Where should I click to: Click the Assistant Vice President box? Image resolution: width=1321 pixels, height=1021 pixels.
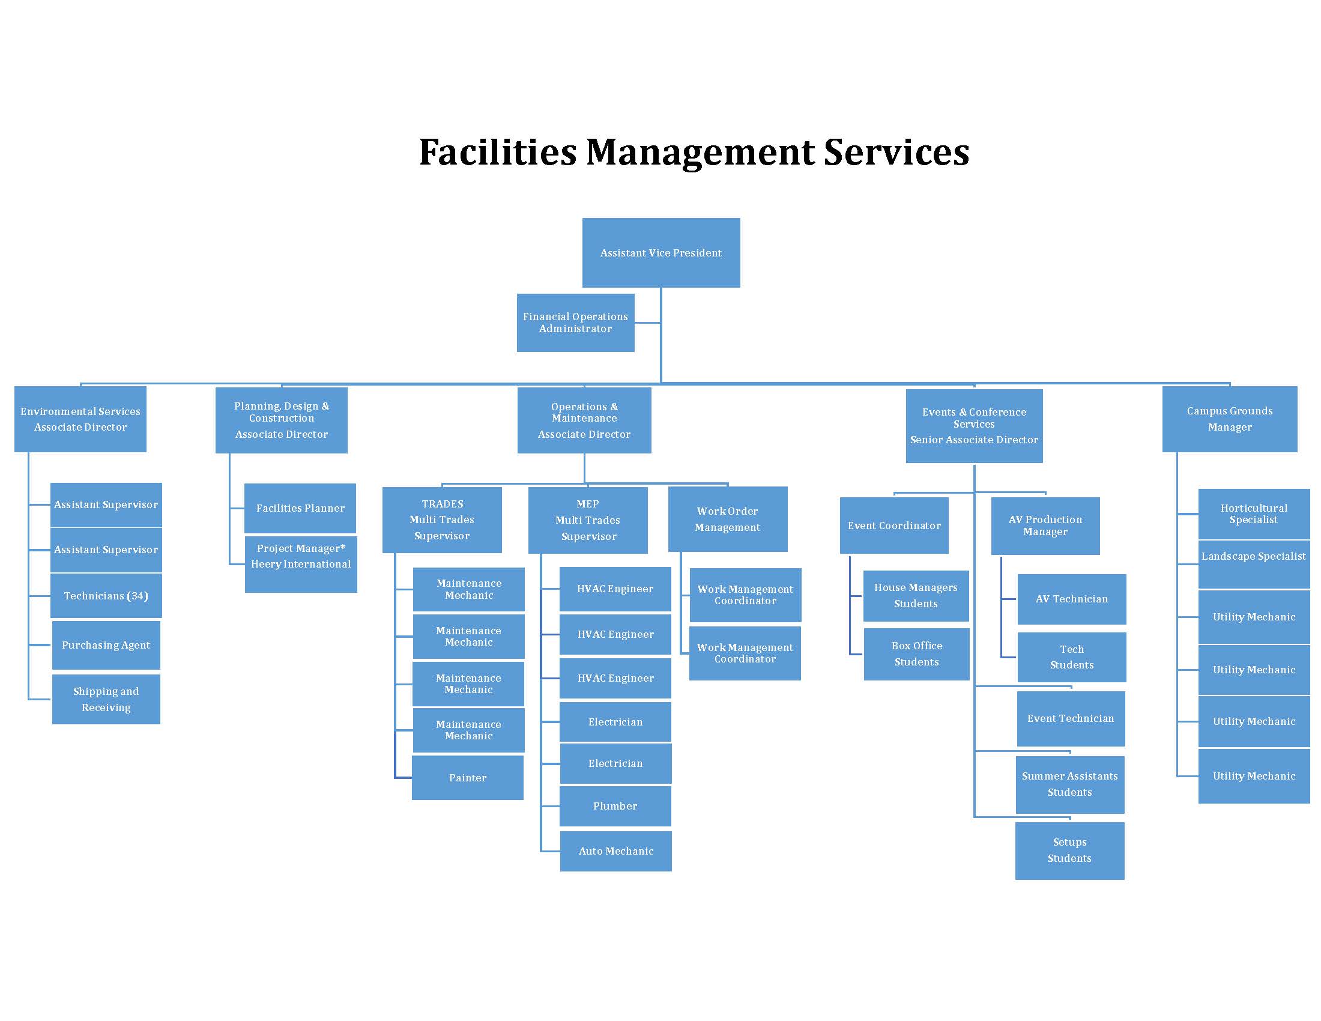click(660, 252)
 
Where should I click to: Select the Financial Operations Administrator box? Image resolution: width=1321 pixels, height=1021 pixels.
click(575, 323)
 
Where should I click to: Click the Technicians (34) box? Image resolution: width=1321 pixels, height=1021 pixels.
click(106, 596)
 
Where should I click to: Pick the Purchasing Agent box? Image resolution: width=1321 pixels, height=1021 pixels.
click(106, 645)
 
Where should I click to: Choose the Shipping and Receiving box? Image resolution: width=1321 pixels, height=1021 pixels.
click(106, 699)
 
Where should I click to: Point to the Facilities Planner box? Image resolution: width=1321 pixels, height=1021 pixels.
click(300, 508)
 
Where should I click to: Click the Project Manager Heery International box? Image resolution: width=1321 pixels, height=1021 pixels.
click(301, 564)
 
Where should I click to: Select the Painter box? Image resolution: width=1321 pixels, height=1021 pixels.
click(468, 778)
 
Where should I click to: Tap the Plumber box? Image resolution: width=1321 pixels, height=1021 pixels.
click(615, 805)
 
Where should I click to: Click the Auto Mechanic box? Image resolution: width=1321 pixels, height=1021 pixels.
click(615, 851)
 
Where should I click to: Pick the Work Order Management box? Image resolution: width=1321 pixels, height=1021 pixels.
click(728, 519)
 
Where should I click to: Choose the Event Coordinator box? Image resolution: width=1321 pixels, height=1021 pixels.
click(894, 526)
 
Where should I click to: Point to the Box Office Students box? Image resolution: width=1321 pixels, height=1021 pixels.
click(916, 654)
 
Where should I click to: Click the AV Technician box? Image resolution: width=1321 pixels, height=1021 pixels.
click(1072, 599)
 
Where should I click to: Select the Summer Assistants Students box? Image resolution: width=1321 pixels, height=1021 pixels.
click(1069, 784)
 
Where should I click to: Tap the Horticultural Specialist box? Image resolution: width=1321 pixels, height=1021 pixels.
click(1254, 514)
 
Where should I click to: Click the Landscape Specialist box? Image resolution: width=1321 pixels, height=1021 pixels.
click(1254, 564)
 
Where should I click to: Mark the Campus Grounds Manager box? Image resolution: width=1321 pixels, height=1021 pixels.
click(1230, 419)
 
